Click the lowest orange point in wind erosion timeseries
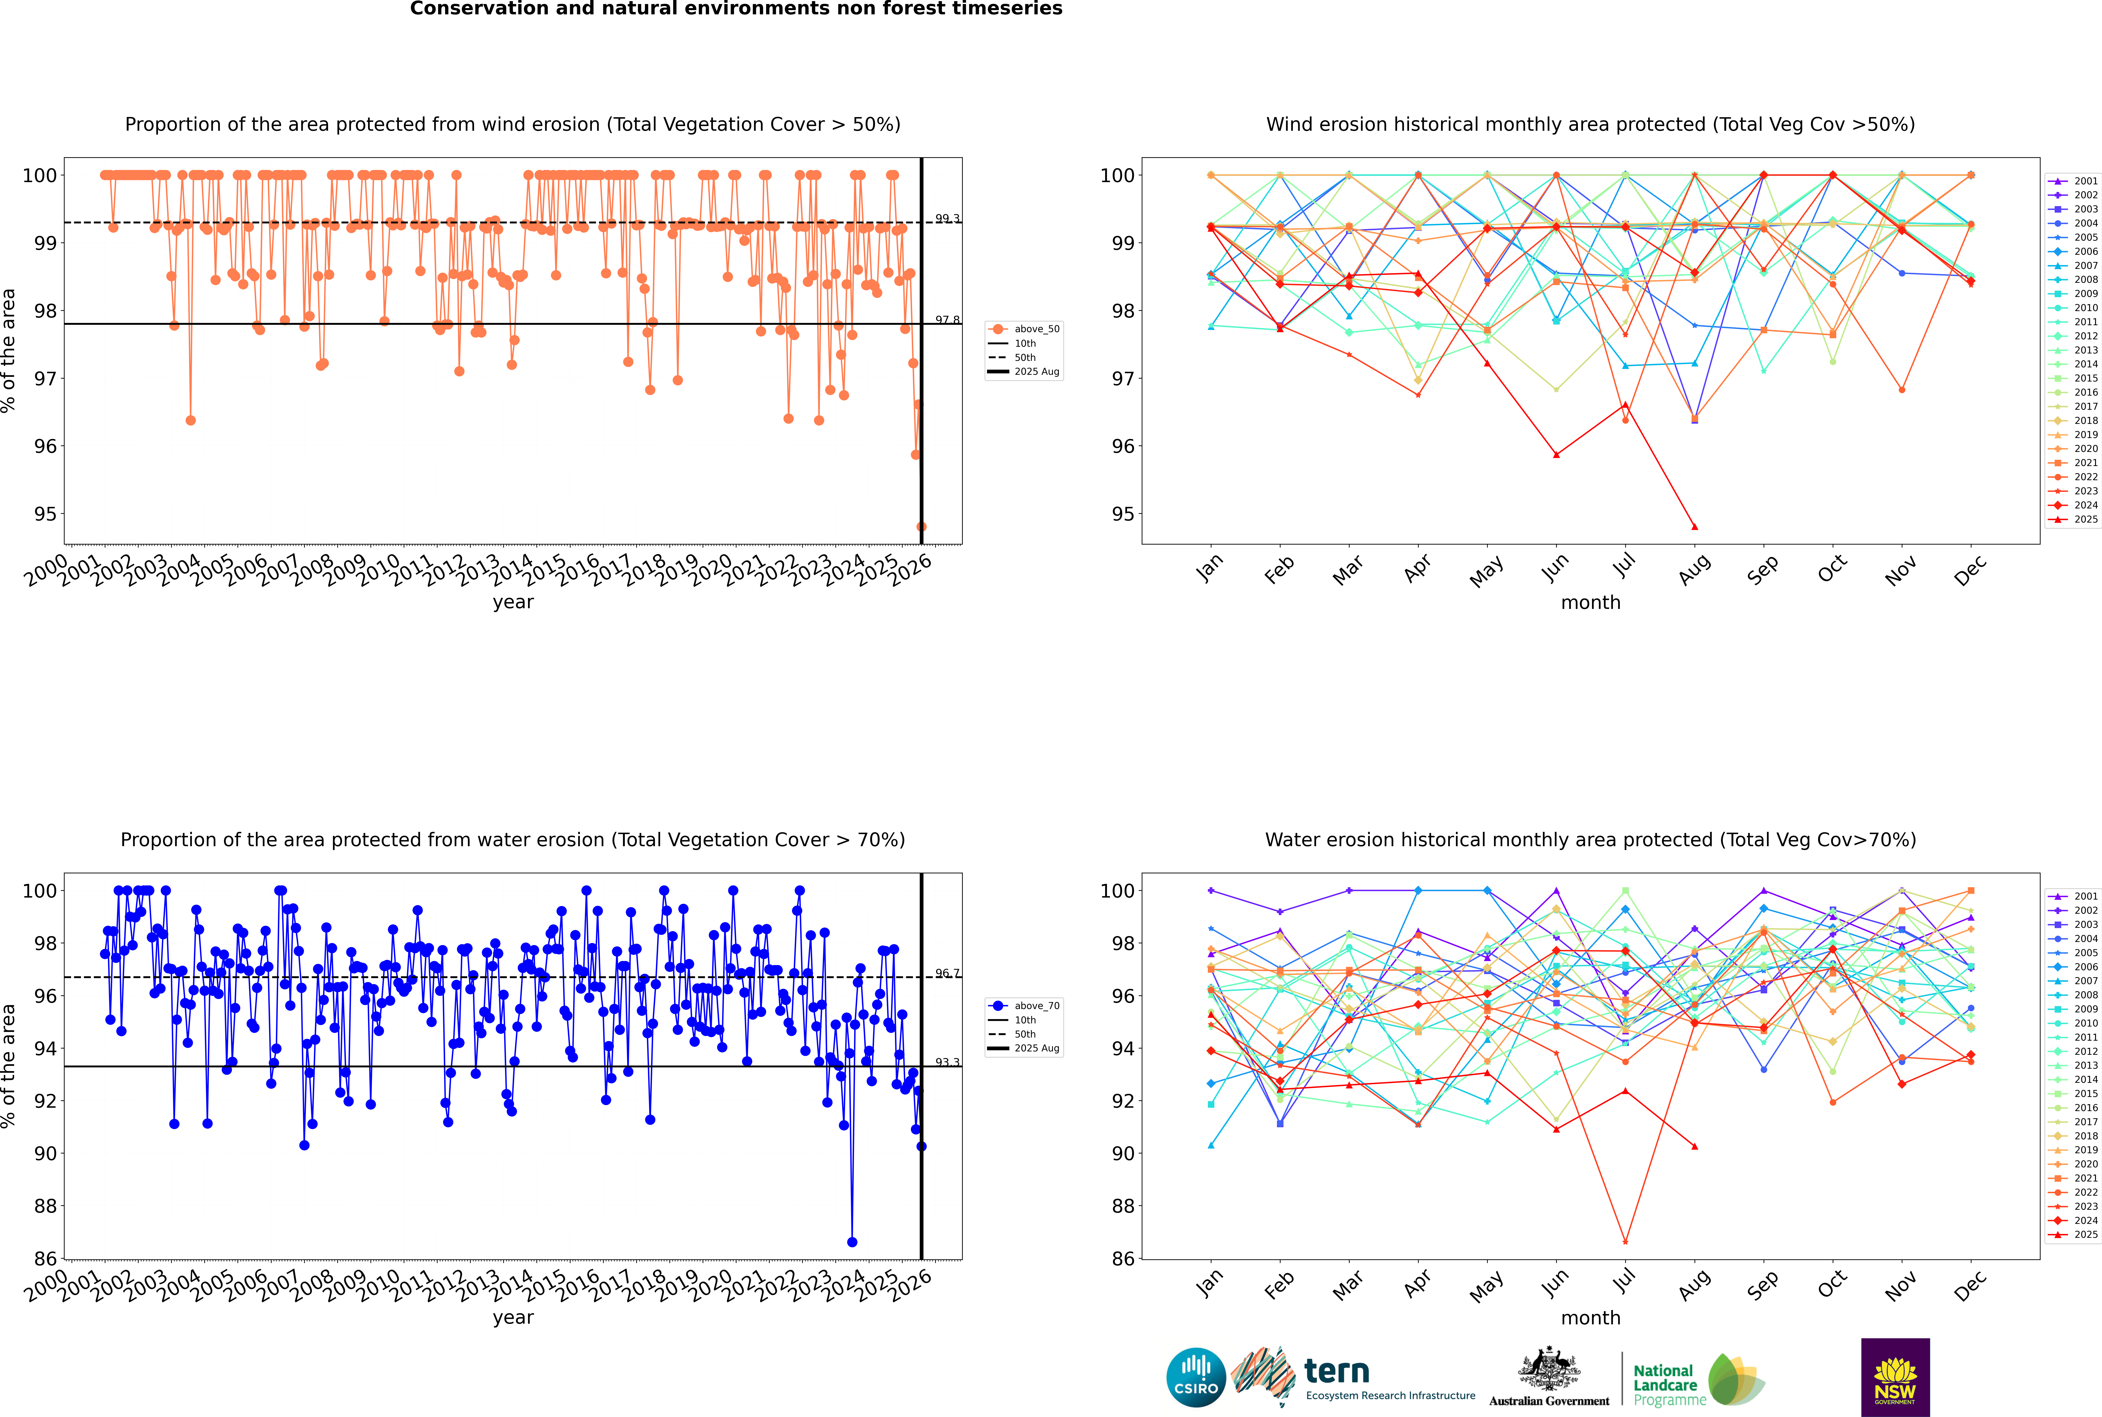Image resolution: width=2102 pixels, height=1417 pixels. click(921, 527)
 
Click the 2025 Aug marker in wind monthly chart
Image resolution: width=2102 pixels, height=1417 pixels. click(1695, 527)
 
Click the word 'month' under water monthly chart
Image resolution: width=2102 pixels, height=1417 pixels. click(1590, 1319)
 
